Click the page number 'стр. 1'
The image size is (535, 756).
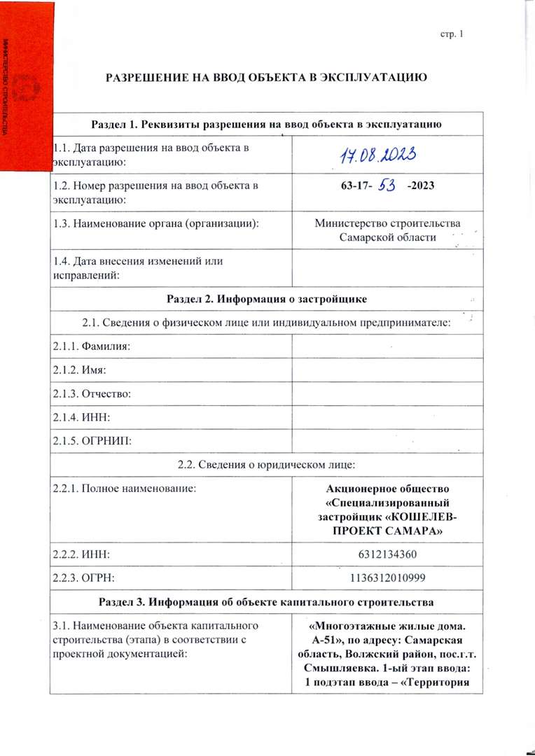pyautogui.click(x=452, y=34)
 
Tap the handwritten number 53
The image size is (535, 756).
pyautogui.click(x=387, y=186)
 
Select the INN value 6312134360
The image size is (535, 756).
pyautogui.click(x=387, y=554)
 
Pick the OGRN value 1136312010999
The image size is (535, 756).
pyautogui.click(x=387, y=577)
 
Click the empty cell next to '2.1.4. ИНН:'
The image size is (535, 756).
pyautogui.click(x=387, y=417)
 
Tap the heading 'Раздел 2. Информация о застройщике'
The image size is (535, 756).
pyautogui.click(x=267, y=300)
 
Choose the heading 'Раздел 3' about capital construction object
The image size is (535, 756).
pyautogui.click(x=267, y=601)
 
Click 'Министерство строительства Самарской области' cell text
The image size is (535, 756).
pyautogui.click(x=387, y=230)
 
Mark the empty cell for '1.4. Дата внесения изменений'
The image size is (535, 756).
pyautogui.click(x=387, y=268)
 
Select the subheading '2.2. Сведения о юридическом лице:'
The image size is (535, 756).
pyautogui.click(x=267, y=465)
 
